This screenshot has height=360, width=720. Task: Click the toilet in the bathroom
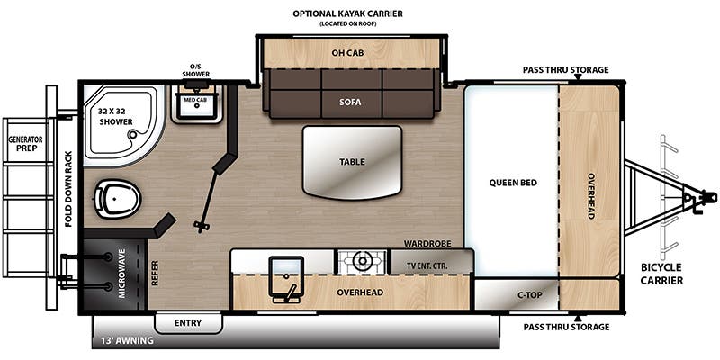coord(117,198)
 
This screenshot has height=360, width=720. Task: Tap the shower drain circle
coord(133,135)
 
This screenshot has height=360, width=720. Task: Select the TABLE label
coord(352,162)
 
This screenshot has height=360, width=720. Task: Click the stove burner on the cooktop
coord(363,262)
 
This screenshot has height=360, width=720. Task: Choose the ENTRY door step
coord(188,323)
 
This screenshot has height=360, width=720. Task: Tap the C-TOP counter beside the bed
coord(517,294)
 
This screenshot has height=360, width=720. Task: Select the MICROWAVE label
coord(121,274)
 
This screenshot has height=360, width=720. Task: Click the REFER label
coord(155,274)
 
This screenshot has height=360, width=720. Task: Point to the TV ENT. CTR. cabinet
coord(431,262)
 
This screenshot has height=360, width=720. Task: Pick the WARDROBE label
coord(427,244)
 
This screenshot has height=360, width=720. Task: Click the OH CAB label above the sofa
coord(347,53)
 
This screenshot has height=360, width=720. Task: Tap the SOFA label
coord(351,103)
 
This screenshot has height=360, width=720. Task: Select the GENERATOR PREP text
coord(25,144)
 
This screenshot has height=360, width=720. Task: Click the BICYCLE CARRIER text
coord(661,274)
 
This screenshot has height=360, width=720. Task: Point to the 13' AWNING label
coord(127,341)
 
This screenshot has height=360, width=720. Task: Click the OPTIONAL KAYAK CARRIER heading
coord(347,13)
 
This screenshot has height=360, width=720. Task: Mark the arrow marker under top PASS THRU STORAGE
coord(578,76)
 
